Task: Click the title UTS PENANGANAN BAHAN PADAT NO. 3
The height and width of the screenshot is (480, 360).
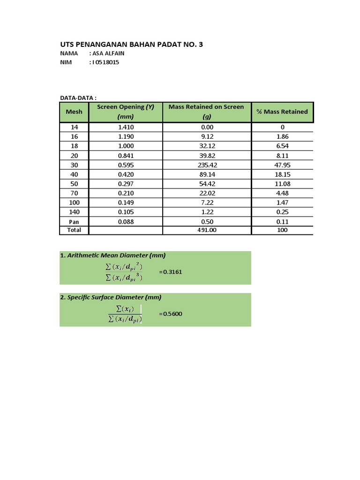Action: [132, 45]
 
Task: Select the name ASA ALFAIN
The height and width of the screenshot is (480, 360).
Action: [108, 53]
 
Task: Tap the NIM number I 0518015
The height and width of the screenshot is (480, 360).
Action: [105, 62]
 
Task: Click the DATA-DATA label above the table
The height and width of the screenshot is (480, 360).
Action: [78, 98]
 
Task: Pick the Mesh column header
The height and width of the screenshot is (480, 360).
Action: [74, 112]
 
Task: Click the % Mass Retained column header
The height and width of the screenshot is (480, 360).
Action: [282, 112]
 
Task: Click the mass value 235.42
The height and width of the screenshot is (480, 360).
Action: [207, 165]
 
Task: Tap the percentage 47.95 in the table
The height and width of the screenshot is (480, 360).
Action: [282, 165]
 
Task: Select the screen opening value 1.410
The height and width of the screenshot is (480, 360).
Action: [126, 127]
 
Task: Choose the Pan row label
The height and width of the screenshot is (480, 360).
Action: [74, 222]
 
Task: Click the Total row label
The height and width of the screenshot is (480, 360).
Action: [74, 230]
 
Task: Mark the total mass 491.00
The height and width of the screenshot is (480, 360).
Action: [207, 230]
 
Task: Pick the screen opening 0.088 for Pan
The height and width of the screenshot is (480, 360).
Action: [126, 222]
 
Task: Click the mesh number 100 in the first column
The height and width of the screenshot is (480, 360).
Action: [74, 202]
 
